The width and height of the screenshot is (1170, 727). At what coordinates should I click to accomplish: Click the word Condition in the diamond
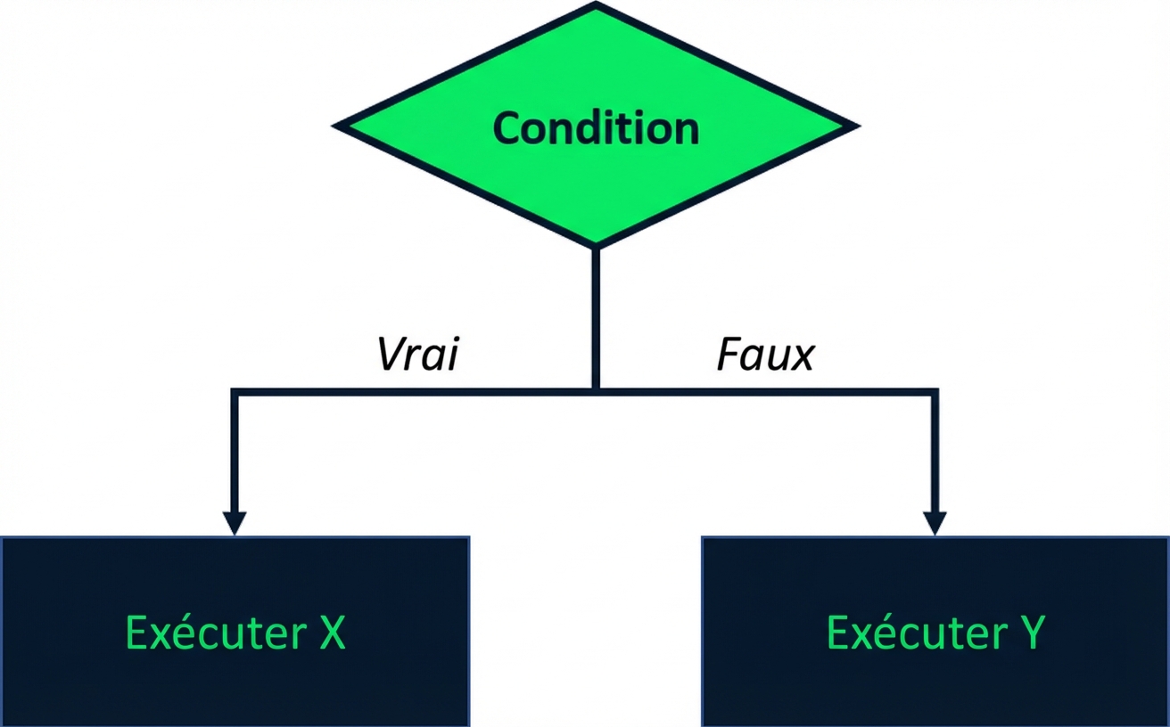pyautogui.click(x=596, y=128)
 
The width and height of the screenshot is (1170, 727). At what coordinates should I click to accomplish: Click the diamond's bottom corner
pyautogui.click(x=596, y=245)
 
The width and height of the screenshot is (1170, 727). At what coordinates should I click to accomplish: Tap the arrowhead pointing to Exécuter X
pyautogui.click(x=234, y=523)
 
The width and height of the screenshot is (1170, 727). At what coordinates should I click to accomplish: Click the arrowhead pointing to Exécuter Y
pyautogui.click(x=935, y=523)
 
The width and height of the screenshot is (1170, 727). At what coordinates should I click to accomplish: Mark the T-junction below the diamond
pyautogui.click(x=596, y=389)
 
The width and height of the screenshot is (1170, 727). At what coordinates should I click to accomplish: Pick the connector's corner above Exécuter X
pyautogui.click(x=234, y=390)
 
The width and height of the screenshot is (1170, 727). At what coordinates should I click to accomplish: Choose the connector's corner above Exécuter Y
pyautogui.click(x=935, y=390)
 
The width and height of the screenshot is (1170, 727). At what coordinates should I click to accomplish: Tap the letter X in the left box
pyautogui.click(x=332, y=633)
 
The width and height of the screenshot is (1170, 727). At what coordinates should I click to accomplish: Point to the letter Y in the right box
pyautogui.click(x=1030, y=633)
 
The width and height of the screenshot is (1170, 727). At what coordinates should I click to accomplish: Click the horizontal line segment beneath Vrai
pyautogui.click(x=417, y=389)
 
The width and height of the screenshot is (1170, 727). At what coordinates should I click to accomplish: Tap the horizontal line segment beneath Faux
pyautogui.click(x=765, y=389)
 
